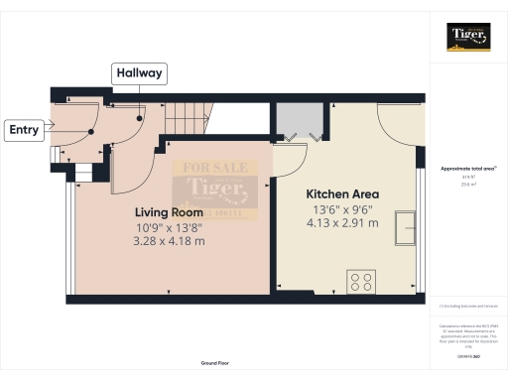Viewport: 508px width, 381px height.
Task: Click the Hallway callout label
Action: point(140,73)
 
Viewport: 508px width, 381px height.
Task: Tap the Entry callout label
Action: point(25,129)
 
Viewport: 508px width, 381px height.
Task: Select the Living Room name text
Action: point(169,212)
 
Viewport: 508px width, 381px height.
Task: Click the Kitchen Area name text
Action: point(343,193)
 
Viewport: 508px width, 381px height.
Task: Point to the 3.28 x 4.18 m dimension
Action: point(169,241)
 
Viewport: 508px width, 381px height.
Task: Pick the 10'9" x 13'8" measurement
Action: point(169,227)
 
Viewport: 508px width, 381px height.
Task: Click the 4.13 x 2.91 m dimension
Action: point(343,224)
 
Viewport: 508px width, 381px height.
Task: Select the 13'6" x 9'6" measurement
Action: point(343,209)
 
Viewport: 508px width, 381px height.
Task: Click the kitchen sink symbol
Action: point(405,228)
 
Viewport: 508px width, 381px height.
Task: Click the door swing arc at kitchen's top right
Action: point(397,119)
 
